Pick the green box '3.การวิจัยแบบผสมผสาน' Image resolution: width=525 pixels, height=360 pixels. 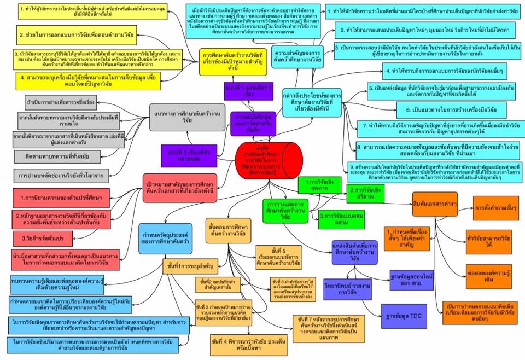coord(340,215)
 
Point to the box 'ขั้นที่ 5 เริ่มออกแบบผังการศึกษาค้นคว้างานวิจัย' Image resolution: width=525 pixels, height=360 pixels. coord(281,258)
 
